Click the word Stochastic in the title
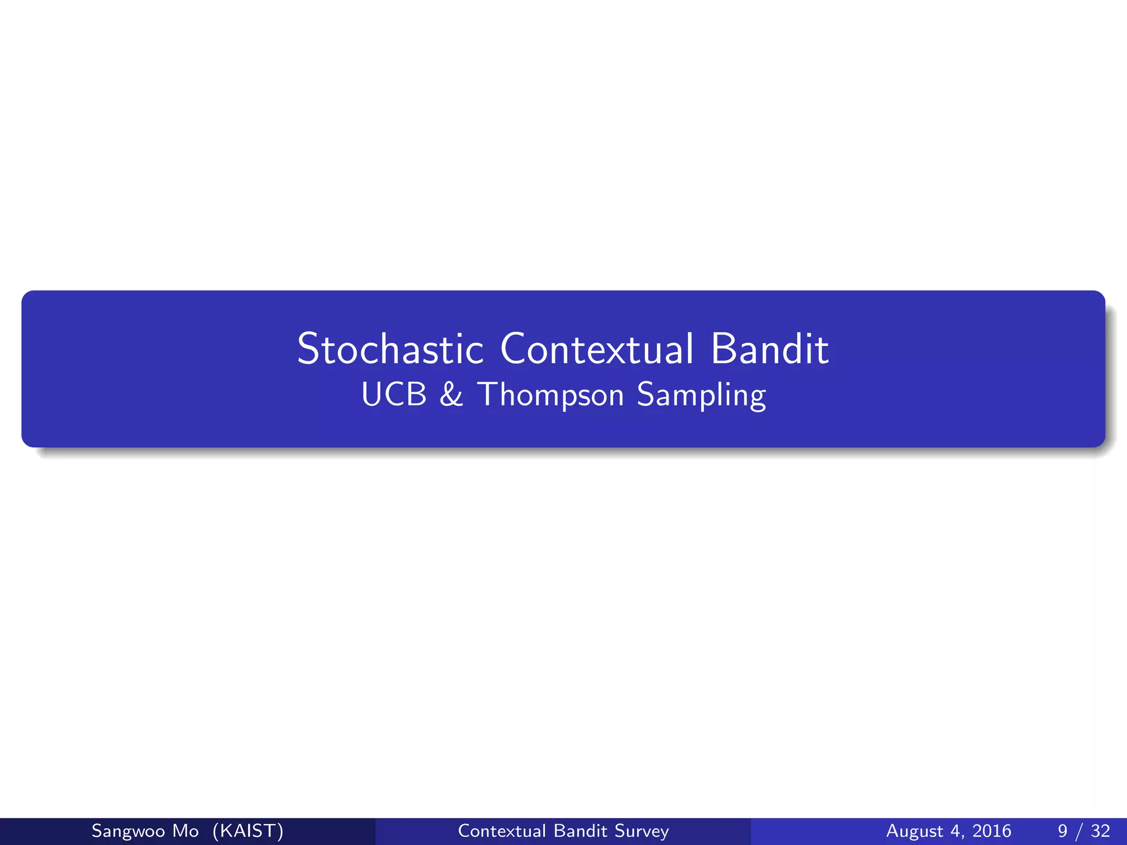[390, 349]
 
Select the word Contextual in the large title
[597, 349]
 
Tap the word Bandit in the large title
[769, 349]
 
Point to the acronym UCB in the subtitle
[394, 394]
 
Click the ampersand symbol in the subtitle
[451, 394]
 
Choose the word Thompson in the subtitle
[551, 396]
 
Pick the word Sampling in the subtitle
[701, 396]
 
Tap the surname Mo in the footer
[185, 831]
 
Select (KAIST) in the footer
[248, 831]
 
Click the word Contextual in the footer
[502, 831]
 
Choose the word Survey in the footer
[642, 831]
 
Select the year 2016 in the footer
[992, 831]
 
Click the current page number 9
[1063, 831]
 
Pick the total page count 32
[1100, 831]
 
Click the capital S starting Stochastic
[309, 349]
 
